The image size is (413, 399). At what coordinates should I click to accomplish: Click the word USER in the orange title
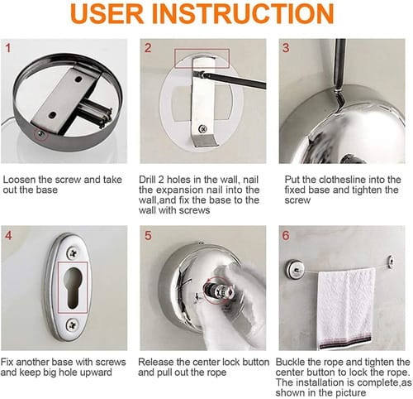tap(107, 13)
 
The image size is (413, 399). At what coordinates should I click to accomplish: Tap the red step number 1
tap(8, 48)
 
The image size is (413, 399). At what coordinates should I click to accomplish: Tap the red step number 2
tap(148, 48)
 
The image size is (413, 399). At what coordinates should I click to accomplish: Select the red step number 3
tap(286, 48)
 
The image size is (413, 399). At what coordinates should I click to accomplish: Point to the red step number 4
tap(8, 235)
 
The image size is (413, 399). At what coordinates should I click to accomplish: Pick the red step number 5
tap(148, 235)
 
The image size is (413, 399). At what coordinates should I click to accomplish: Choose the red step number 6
tap(286, 235)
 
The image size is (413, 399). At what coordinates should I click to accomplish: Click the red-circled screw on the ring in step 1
tap(41, 134)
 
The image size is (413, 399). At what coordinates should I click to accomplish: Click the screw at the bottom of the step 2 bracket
tap(203, 128)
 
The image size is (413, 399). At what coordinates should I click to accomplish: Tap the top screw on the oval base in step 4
tap(74, 252)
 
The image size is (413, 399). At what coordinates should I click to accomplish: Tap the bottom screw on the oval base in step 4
tap(73, 324)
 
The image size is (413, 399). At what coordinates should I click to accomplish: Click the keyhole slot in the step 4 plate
tap(73, 287)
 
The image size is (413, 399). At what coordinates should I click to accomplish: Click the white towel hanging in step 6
tap(346, 308)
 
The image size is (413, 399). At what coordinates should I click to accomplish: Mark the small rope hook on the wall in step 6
tap(391, 262)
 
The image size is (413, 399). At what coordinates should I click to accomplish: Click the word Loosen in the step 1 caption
tap(20, 180)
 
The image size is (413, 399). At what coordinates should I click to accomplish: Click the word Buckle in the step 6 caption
tap(292, 362)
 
